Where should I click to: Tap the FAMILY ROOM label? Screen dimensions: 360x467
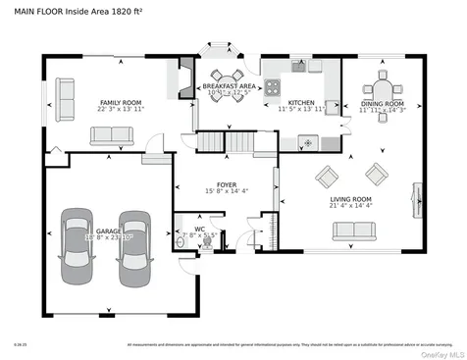coord(122,102)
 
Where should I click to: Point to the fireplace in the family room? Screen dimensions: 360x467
coord(183,77)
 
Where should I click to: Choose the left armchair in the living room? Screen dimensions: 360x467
coord(325,176)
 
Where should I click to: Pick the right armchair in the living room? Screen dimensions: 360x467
coord(376,175)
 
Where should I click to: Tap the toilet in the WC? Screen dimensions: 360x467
coord(205,244)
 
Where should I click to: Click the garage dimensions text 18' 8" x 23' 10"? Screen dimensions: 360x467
coord(109,237)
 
